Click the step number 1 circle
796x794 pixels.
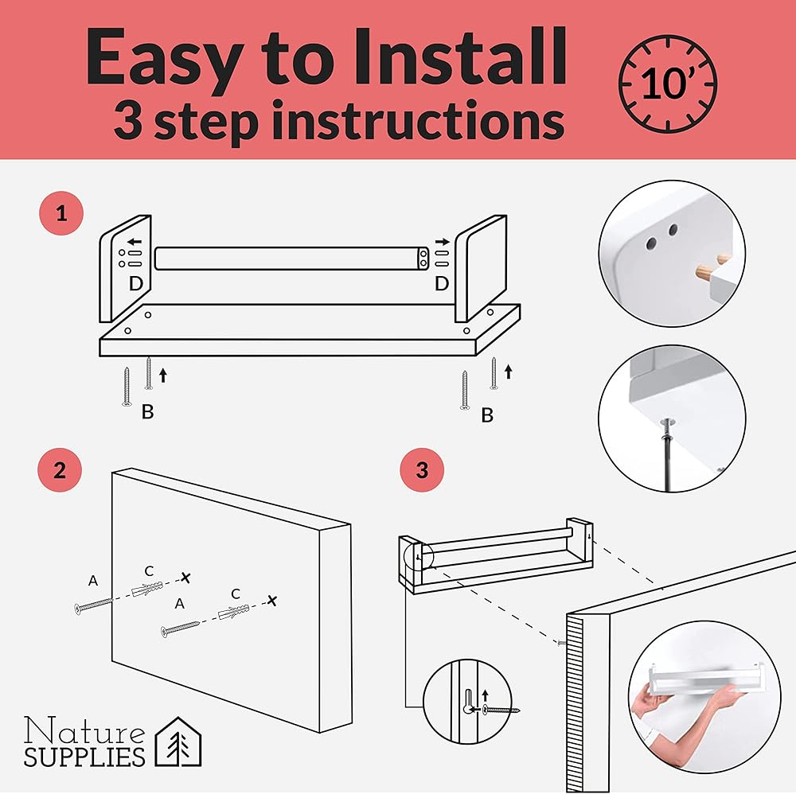point(61,213)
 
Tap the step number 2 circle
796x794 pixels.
point(60,470)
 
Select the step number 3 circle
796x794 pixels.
point(422,470)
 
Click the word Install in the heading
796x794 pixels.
point(459,56)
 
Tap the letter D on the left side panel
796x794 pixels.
point(135,283)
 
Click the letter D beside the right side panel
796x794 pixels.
point(442,283)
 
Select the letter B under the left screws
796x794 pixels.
point(147,411)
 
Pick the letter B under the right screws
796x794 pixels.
point(487,415)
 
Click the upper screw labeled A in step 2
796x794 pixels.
point(94,605)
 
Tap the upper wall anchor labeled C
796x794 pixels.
point(147,589)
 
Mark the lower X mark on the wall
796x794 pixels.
point(272,601)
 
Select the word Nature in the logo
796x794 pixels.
point(84,731)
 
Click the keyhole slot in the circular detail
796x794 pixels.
point(468,701)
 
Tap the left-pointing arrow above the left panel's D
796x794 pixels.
point(135,242)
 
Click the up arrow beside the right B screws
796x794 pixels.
point(508,372)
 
